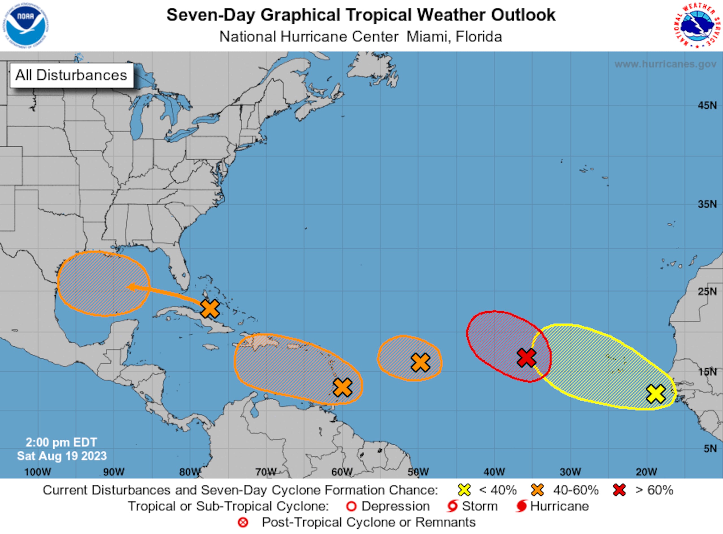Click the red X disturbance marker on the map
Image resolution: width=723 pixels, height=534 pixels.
coord(527,358)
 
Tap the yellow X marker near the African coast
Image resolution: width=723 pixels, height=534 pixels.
coord(656,394)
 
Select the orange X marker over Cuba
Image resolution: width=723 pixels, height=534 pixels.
coord(210,308)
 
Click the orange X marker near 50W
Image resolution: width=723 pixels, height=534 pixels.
coord(421,362)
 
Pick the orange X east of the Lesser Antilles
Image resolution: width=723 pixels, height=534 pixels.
coord(343,387)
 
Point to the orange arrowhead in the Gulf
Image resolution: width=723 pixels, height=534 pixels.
coord(131,287)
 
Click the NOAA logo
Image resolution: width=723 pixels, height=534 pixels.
coord(26,25)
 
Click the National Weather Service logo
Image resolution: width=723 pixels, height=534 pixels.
coord(698,25)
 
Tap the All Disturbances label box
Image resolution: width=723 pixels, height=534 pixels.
coord(71,75)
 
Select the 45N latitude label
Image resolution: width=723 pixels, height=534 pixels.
coord(707,105)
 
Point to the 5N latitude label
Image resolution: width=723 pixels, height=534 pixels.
coord(710,449)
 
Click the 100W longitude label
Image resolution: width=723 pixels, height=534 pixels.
coord(38,472)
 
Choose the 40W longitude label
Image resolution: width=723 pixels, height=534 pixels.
coord(494,472)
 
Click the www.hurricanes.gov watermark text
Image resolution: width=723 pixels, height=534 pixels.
coord(665,64)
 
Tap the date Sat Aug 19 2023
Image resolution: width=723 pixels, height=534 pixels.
coord(62,456)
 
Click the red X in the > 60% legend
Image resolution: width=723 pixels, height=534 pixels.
coord(619,490)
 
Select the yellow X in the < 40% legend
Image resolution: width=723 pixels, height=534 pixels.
coord(464,490)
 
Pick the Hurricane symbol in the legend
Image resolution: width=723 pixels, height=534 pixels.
coord(521,506)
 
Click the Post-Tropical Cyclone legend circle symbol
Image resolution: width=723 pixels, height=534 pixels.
coord(243,522)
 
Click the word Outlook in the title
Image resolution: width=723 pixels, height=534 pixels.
coord(523,15)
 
